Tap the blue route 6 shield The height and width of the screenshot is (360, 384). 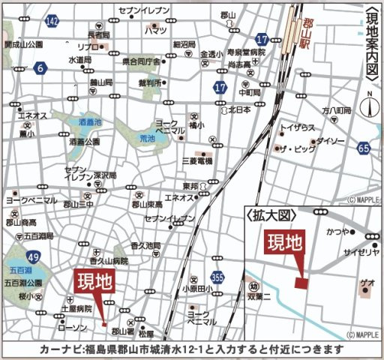click(38, 67)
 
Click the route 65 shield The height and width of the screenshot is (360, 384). click(364, 148)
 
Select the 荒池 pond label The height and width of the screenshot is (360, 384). click(147, 138)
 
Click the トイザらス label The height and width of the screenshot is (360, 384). click(298, 127)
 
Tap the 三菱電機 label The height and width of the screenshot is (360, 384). click(198, 160)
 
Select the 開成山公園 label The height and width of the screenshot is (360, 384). click(23, 44)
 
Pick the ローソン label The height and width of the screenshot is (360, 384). click(73, 328)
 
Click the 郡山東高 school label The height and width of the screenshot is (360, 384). click(151, 204)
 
